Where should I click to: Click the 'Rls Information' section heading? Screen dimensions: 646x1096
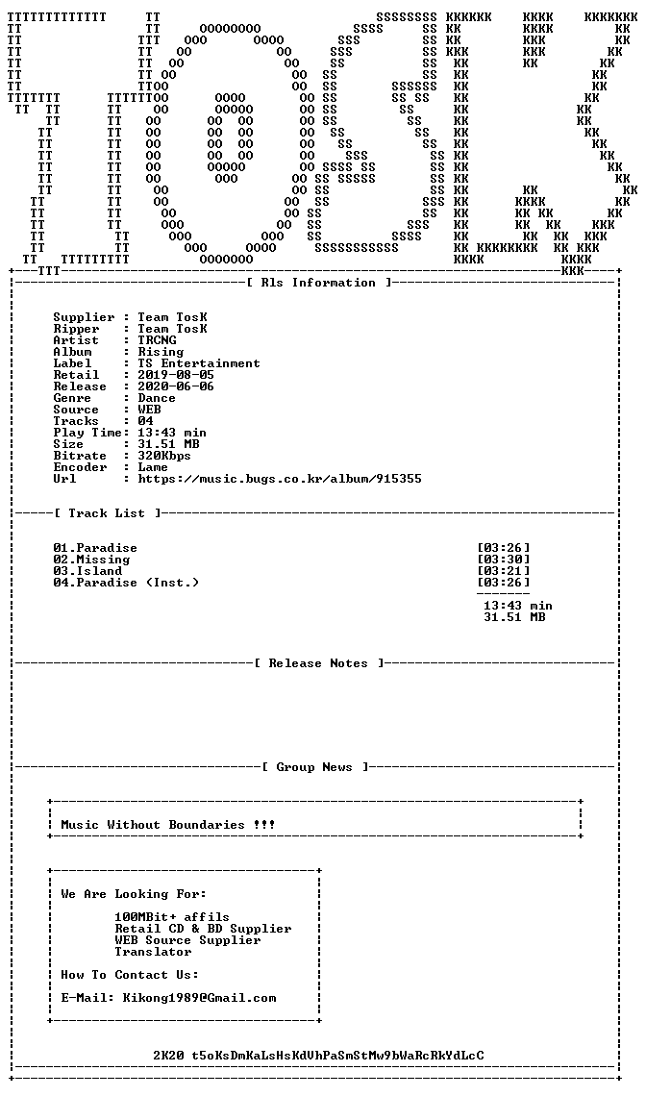tap(318, 283)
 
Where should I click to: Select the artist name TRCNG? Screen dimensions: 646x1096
tap(158, 340)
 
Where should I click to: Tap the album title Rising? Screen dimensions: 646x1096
tap(161, 352)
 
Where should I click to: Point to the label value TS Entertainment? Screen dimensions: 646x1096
tap(199, 363)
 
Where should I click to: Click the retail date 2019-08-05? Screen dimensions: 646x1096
tap(176, 375)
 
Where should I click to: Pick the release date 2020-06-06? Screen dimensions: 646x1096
tap(176, 386)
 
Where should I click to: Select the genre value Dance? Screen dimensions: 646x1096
tap(157, 398)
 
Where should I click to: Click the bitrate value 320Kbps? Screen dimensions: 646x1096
tap(164, 456)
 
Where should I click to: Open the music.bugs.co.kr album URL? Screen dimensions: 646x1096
tap(280, 479)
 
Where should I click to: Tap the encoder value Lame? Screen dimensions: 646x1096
tap(153, 467)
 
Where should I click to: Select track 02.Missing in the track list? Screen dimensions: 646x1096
tap(91, 560)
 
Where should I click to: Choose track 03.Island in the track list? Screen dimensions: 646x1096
tap(87, 571)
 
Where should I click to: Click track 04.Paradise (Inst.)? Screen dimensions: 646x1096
tap(126, 583)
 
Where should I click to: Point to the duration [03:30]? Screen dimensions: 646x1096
tap(504, 560)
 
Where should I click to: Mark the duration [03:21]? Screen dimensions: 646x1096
tap(504, 571)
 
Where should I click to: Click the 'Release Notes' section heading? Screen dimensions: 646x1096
tap(318, 663)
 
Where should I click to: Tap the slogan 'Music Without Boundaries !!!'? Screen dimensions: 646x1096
tap(168, 825)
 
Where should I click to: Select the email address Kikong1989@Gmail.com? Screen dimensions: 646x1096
tap(199, 997)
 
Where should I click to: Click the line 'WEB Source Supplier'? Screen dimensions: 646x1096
tap(188, 940)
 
